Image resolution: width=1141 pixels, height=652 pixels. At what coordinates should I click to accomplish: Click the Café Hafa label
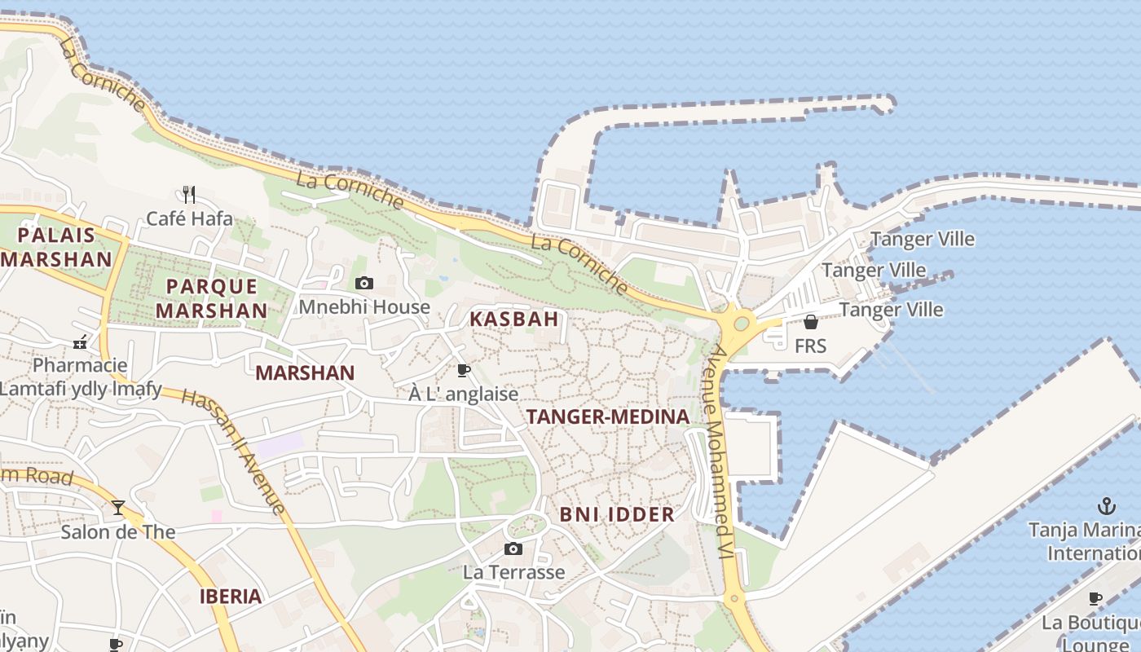189,218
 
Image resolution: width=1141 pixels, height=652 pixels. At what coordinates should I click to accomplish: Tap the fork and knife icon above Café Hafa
189,194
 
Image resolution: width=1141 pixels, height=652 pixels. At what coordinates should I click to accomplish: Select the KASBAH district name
513,319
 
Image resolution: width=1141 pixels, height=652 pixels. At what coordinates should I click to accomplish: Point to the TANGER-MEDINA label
608,417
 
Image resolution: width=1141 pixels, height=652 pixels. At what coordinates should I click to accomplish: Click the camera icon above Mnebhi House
364,284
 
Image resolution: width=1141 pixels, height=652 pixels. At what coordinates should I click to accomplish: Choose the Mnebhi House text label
364,307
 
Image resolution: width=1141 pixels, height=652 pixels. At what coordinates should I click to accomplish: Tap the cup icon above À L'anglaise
464,371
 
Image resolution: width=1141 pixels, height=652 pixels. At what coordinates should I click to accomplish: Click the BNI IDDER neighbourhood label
617,514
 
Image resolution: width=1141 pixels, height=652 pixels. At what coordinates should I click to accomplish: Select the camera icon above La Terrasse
513,548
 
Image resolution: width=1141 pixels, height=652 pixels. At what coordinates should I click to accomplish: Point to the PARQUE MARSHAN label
212,298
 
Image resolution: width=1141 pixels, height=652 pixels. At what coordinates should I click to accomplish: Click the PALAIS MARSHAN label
56,248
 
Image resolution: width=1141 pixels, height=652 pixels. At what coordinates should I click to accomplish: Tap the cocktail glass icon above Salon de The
118,508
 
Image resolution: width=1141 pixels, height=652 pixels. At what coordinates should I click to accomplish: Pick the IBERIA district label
231,596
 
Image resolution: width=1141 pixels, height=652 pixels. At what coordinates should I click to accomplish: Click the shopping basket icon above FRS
810,322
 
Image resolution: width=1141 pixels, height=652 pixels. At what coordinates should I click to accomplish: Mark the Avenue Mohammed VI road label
722,452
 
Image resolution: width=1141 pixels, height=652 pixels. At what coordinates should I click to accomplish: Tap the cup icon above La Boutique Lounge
1095,599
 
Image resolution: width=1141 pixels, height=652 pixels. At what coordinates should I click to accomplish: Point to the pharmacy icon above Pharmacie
80,343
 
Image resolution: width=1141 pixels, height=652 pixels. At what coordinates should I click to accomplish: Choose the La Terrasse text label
513,572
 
